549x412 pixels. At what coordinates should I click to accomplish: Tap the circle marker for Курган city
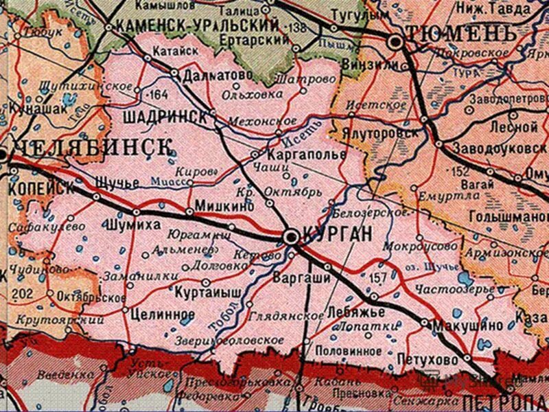pyautogui.click(x=291, y=237)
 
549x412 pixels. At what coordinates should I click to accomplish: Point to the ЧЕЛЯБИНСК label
pyautogui.click(x=93, y=147)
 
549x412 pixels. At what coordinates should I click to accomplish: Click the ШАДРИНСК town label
pyautogui.click(x=165, y=117)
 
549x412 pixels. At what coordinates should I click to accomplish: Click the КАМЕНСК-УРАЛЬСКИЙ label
pyautogui.click(x=198, y=25)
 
